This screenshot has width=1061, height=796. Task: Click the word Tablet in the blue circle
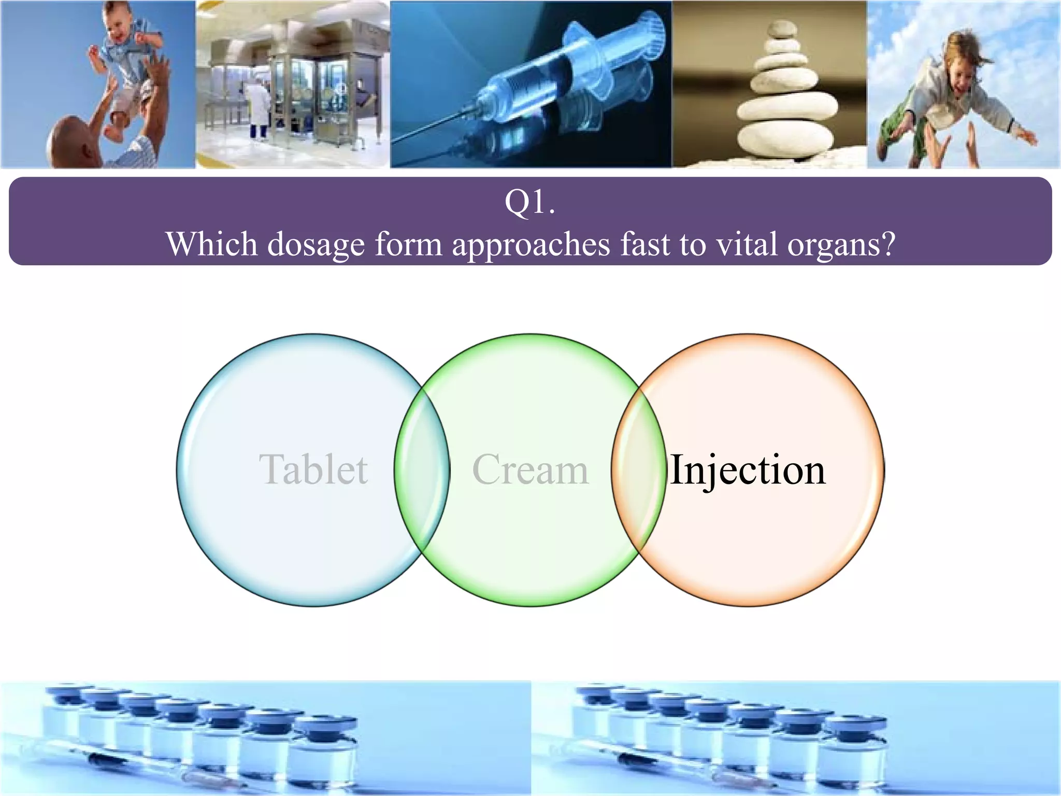click(x=313, y=470)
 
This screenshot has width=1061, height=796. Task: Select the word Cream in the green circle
click(x=530, y=470)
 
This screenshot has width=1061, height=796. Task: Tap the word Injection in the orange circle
click(x=748, y=470)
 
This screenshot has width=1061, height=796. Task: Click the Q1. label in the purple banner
click(x=530, y=202)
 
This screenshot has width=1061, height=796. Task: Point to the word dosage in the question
click(x=316, y=244)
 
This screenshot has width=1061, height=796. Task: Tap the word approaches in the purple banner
click(x=531, y=244)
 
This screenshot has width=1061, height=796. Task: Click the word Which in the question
click(x=211, y=244)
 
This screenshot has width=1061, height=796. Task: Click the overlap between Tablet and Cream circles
click(x=422, y=470)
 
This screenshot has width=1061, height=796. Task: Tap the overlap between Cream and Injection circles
click(x=638, y=470)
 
